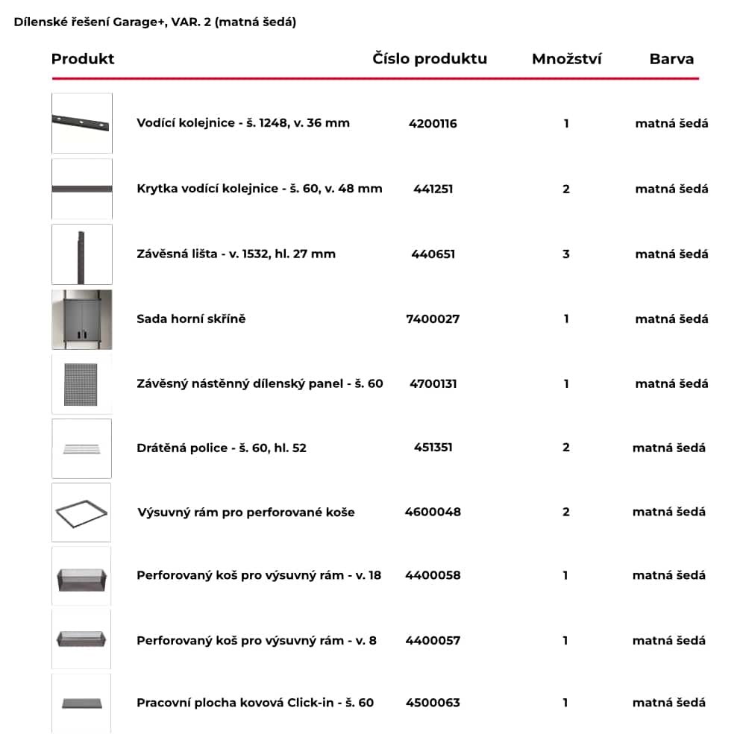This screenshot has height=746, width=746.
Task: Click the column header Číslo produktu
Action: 430,59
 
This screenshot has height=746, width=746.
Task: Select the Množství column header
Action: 566,59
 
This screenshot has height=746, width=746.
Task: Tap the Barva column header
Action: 671,59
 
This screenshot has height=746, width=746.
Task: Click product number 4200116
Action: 433,124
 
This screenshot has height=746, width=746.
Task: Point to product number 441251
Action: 433,189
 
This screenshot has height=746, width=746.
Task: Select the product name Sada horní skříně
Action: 191,319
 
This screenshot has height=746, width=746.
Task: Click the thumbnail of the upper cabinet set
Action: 82,319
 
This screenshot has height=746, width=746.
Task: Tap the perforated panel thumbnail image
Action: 82,384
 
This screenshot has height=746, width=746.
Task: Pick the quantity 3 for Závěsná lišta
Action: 566,254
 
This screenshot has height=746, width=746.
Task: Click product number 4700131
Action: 433,384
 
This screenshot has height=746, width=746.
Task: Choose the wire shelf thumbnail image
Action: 82,448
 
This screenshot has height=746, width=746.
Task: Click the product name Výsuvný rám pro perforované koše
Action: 246,513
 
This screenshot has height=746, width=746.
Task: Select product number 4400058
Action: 433,575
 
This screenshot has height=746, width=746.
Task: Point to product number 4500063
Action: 433,703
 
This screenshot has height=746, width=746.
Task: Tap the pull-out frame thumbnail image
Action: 82,513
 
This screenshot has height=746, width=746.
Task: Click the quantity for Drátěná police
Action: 566,448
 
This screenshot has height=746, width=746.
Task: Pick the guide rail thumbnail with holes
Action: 82,123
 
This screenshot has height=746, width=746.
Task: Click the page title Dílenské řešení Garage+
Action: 154,22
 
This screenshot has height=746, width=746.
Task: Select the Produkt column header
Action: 83,59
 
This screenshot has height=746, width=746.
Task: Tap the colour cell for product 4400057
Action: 668,640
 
